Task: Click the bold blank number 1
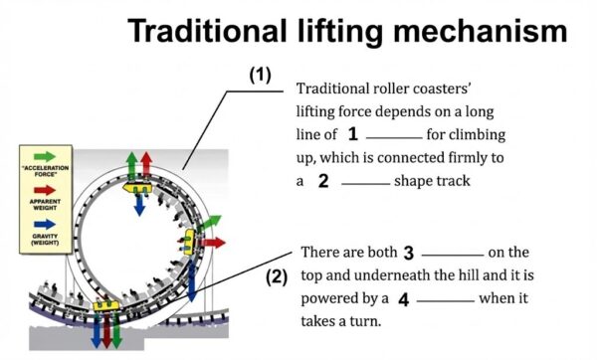[x=353, y=133]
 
